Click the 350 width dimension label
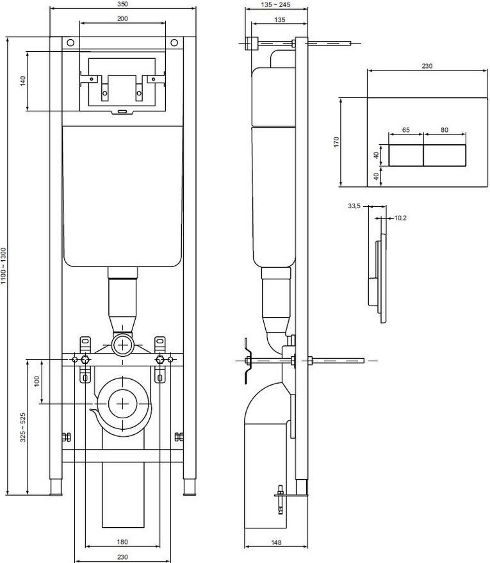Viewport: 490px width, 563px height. coord(122,4)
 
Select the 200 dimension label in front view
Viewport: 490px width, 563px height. coord(122,19)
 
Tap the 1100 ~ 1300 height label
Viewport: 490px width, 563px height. coord(3,266)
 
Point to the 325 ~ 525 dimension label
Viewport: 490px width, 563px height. coord(23,427)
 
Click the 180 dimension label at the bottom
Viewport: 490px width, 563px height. coord(122,542)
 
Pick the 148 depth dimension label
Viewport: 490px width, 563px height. coord(276,543)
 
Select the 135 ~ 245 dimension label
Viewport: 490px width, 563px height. coord(275,4)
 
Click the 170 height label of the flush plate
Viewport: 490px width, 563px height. coord(336,142)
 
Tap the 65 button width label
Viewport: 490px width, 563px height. coord(406,130)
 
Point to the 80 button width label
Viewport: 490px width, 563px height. coord(445,130)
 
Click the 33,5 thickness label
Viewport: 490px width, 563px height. coord(354,206)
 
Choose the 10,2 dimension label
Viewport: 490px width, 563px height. coord(400,218)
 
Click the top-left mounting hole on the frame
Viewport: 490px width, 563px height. coord(70,43)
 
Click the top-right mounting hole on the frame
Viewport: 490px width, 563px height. coord(174,43)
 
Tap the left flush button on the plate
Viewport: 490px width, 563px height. coord(406,156)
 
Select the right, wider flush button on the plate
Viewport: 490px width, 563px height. coord(445,156)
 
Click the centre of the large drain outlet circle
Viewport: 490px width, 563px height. coord(123,404)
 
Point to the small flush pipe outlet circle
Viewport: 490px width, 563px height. coord(123,345)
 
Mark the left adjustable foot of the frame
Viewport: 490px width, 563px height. coord(56,487)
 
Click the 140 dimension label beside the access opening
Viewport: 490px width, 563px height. coord(23,81)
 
